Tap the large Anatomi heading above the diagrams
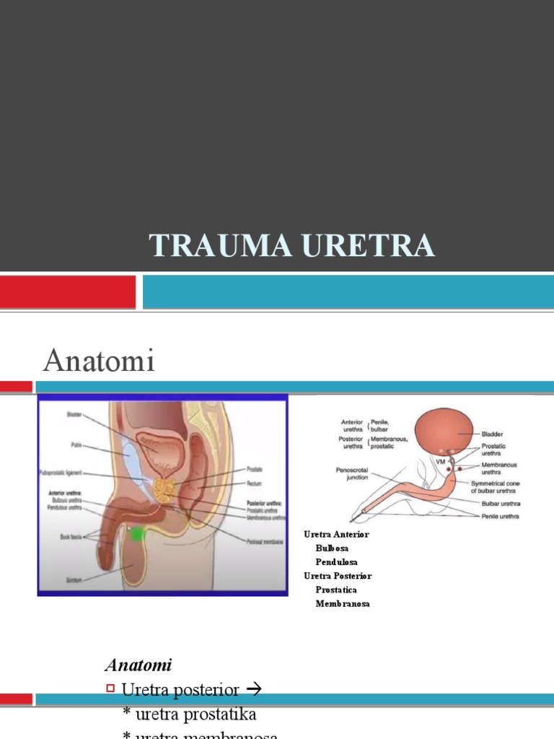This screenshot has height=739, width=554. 99,360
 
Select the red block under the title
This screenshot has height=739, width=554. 67,292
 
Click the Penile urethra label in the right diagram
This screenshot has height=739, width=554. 500,516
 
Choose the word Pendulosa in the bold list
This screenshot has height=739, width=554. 336,561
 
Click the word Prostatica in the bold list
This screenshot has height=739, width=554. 336,590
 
